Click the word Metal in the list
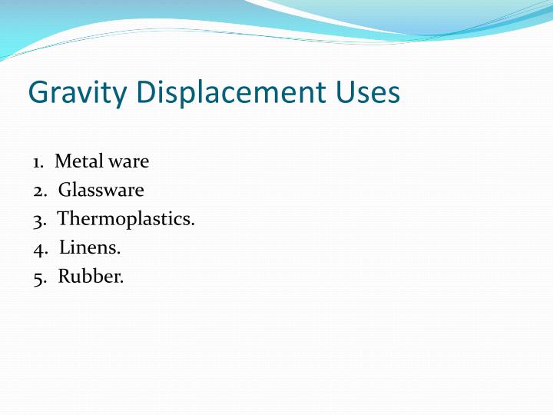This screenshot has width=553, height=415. pyautogui.click(x=75, y=161)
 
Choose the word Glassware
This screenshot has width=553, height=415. pyautogui.click(x=101, y=190)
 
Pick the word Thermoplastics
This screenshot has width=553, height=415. pyautogui.click(x=126, y=219)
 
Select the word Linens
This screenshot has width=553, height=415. pyautogui.click(x=90, y=247)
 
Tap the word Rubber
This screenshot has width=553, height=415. pyautogui.click(x=91, y=276)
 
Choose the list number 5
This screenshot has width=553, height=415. pyautogui.click(x=38, y=277)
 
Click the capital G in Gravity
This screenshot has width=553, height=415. pyautogui.click(x=38, y=92)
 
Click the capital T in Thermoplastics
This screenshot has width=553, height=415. pyautogui.click(x=64, y=218)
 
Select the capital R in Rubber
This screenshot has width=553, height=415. pyautogui.click(x=65, y=276)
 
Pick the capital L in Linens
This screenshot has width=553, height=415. pyautogui.click(x=65, y=247)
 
